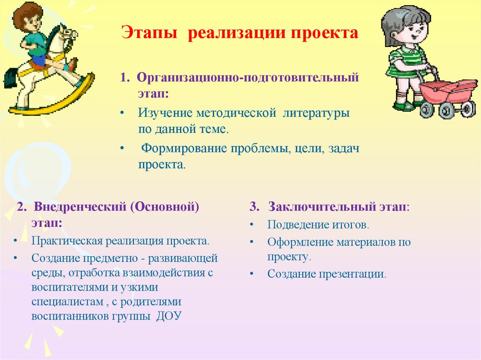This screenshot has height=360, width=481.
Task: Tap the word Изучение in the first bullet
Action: [x=165, y=113]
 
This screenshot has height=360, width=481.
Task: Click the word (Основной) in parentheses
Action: [x=166, y=207]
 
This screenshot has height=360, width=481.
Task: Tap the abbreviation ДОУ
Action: [x=167, y=315]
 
